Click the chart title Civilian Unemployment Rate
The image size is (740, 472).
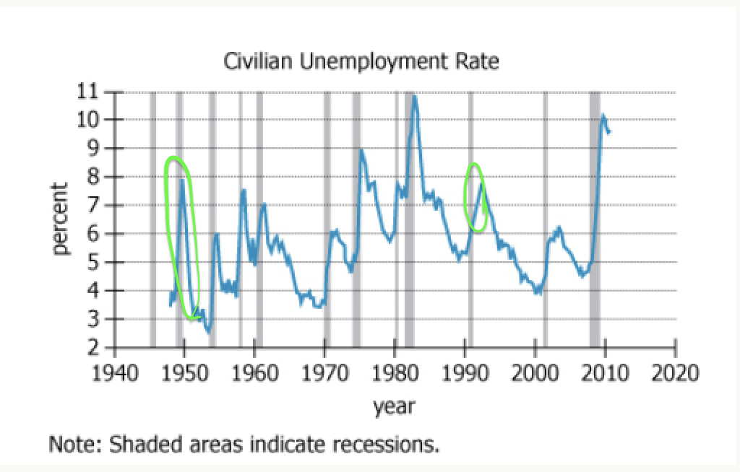361,63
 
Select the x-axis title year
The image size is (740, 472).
394,406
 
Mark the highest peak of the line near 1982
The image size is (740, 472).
414,96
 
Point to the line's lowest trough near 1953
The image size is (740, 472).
208,332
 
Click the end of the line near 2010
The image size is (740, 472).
609,132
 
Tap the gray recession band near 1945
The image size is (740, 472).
152,217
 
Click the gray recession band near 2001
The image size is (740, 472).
546,217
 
